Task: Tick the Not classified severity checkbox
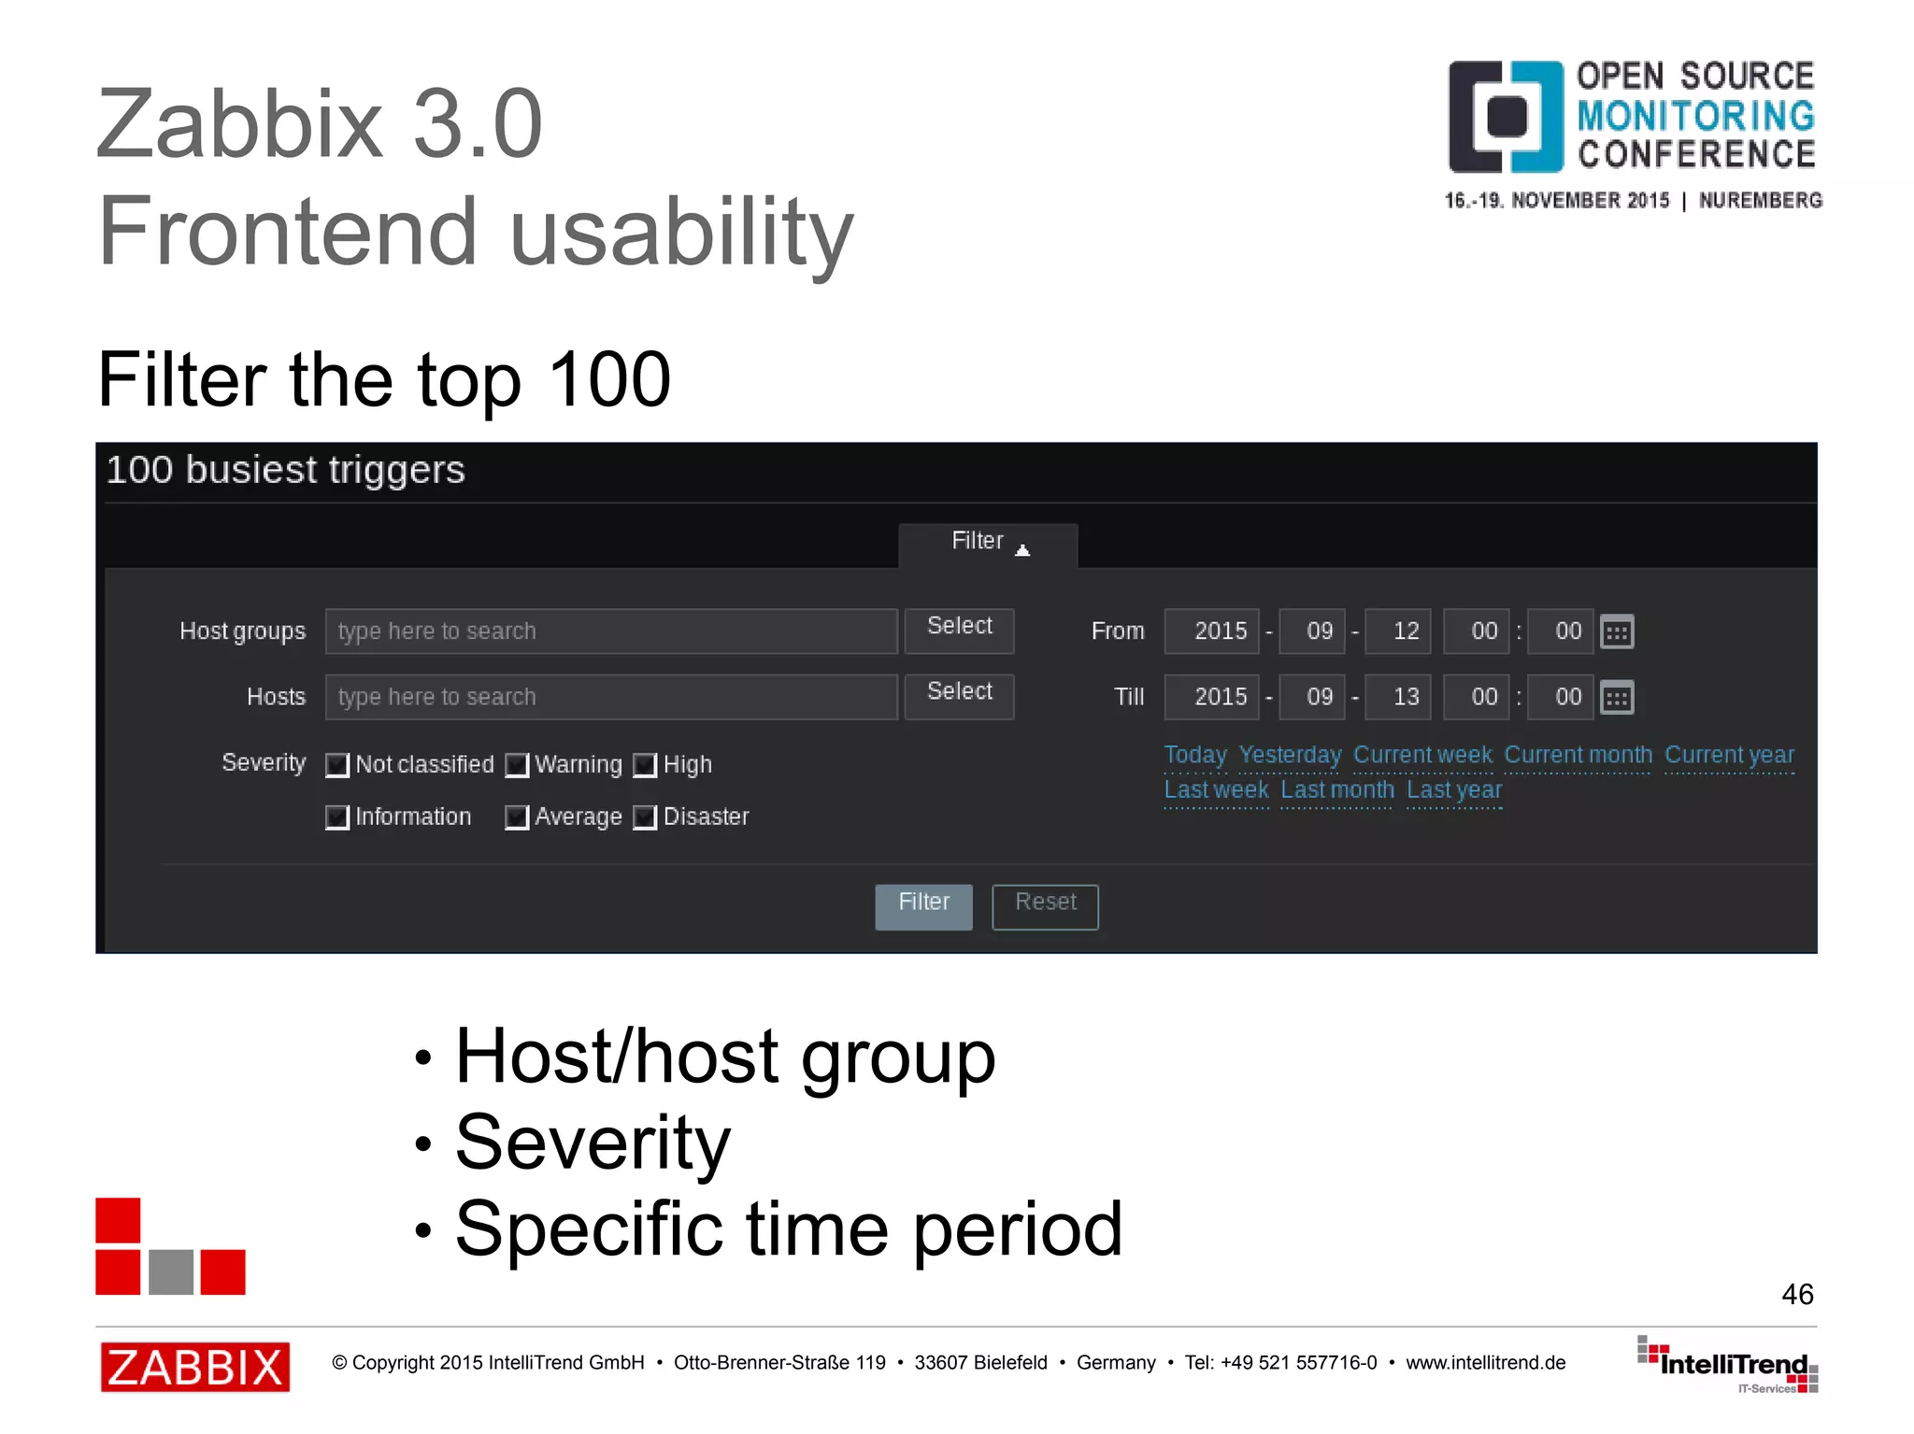(337, 765)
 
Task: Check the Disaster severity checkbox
(645, 817)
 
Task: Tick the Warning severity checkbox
(517, 765)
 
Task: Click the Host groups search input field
(611, 632)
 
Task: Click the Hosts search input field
(611, 697)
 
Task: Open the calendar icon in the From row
(1617, 632)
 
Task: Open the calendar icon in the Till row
(1617, 698)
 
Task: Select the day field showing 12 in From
(1398, 632)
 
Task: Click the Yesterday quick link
(1290, 755)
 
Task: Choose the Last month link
(1336, 790)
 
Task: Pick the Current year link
(1729, 755)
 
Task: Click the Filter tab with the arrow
(988, 544)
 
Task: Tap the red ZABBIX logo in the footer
(195, 1367)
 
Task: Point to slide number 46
(1796, 1294)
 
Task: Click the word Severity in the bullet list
(593, 1143)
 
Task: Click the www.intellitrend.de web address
(1485, 1363)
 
